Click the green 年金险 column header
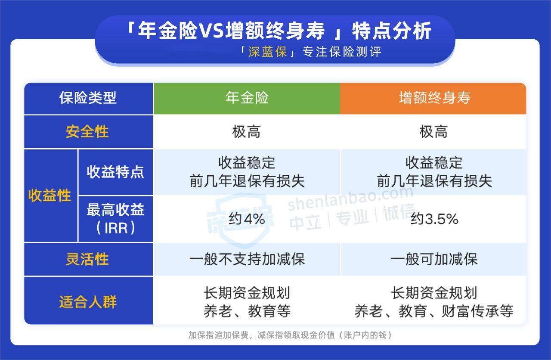tap(247, 98)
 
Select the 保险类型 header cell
tap(88, 98)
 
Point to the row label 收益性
tap(50, 195)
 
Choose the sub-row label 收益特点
tap(115, 172)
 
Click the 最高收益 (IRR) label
tap(115, 219)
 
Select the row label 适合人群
tap(88, 301)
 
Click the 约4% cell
tap(247, 219)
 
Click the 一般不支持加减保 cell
tap(247, 259)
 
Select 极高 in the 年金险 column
tap(247, 132)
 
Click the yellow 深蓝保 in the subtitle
tap(267, 53)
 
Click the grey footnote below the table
tap(290, 335)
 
